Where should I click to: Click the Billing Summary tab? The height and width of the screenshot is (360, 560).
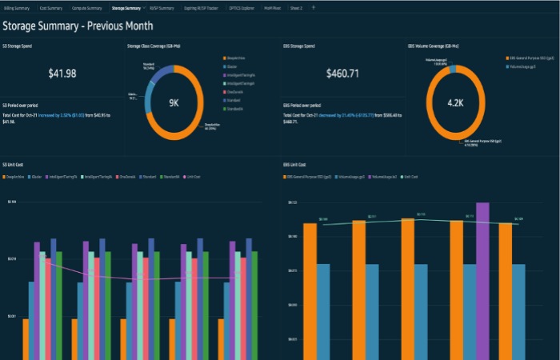click(17, 7)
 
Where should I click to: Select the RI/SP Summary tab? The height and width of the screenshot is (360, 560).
click(161, 7)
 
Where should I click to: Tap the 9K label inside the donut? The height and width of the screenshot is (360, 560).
click(174, 103)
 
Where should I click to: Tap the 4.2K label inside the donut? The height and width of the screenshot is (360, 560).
click(454, 103)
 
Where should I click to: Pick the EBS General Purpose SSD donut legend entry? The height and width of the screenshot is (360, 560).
click(528, 58)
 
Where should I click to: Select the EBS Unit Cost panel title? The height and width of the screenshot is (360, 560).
click(295, 164)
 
